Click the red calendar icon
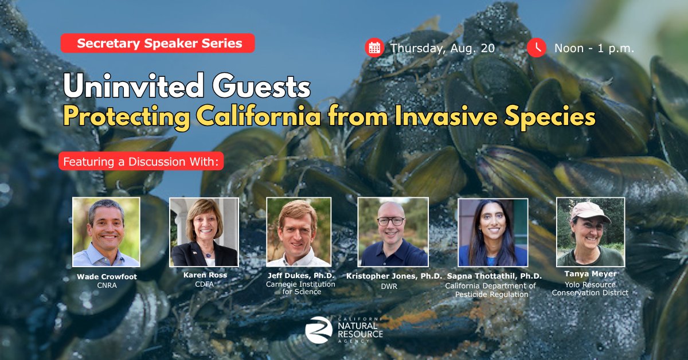tap(374, 48)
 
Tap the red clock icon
tap(536, 48)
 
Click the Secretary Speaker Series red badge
tap(158, 43)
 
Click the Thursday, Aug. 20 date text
tap(443, 48)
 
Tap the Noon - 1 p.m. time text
tap(594, 48)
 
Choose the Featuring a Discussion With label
tap(141, 161)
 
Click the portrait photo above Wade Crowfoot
tap(106, 232)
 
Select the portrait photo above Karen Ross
tap(204, 232)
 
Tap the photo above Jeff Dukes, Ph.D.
tap(299, 232)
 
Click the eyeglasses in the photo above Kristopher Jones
tap(390, 221)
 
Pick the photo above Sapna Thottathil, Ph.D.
tap(493, 233)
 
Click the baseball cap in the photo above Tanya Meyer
tap(591, 212)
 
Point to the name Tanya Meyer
tap(591, 273)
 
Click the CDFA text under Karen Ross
tap(204, 284)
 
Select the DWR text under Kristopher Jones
tap(389, 286)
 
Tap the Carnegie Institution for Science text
tap(300, 288)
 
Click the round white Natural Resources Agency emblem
tap(319, 330)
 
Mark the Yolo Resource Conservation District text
tap(591, 289)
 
